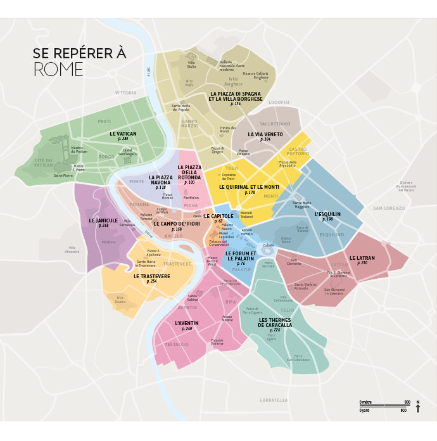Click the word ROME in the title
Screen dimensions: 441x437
coord(58,70)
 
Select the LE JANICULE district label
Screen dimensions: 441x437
coord(103,221)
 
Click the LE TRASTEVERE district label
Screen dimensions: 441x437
coord(151,277)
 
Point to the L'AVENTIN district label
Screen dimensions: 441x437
coord(187,324)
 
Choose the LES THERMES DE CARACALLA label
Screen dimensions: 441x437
coord(275,323)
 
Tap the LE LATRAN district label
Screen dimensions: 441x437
coord(362,258)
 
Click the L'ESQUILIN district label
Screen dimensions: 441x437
coord(327,215)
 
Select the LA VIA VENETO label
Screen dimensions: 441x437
coord(265,135)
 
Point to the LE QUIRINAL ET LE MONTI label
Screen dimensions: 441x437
coord(249,188)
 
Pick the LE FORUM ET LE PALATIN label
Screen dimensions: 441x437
coord(241,256)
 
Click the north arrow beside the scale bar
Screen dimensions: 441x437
coord(418,407)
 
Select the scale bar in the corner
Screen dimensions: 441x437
coord(384,406)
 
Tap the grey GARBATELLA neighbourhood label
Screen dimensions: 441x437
coord(274,400)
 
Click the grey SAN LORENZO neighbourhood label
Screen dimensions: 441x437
coord(389,208)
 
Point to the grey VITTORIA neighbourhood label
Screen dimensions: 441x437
coord(125,93)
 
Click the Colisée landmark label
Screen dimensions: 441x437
coord(269,245)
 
